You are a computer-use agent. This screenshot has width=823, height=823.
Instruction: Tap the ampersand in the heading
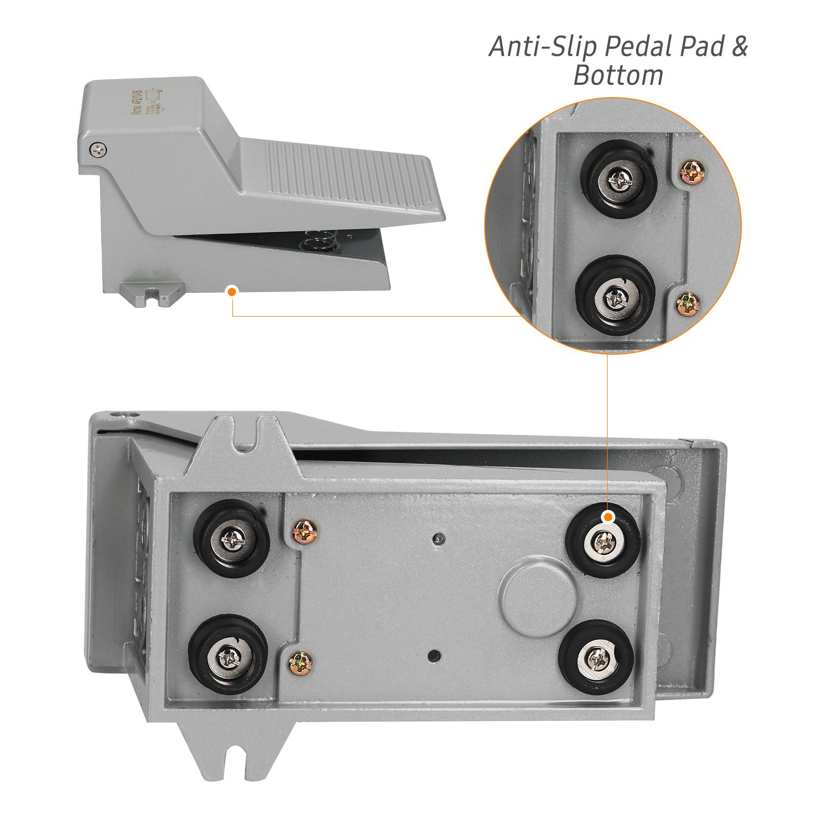738,47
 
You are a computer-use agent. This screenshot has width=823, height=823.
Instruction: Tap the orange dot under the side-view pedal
232,291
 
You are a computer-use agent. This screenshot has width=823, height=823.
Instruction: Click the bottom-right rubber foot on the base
597,656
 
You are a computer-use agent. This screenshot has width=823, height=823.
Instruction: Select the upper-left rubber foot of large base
230,538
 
